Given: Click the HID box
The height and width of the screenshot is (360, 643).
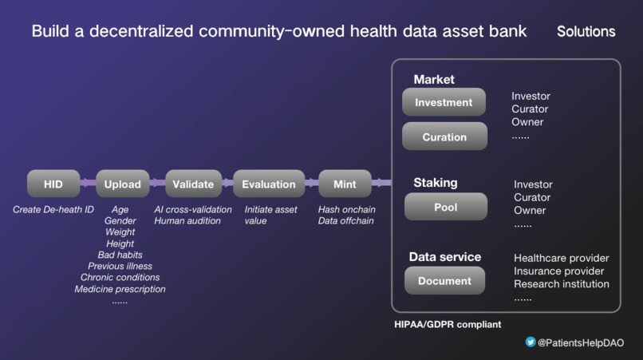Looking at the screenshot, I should pyautogui.click(x=53, y=184).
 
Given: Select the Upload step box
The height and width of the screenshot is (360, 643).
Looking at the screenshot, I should pyautogui.click(x=122, y=184).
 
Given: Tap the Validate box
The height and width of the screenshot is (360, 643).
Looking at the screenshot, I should pyautogui.click(x=193, y=184).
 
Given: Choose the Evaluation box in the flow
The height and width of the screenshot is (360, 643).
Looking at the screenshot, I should pyautogui.click(x=268, y=184).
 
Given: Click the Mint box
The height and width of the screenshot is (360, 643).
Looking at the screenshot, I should pyautogui.click(x=345, y=184).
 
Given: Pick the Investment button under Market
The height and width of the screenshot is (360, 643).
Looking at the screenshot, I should pyautogui.click(x=444, y=102).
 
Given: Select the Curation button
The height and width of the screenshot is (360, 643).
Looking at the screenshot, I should pyautogui.click(x=444, y=136).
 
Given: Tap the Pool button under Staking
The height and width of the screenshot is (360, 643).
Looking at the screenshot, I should pyautogui.click(x=445, y=207).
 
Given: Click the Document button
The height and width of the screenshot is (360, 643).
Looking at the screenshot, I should pyautogui.click(x=444, y=280).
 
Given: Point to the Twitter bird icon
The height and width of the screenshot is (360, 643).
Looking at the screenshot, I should pyautogui.click(x=530, y=342).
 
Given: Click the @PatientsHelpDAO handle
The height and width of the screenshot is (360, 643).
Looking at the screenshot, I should pyautogui.click(x=581, y=342).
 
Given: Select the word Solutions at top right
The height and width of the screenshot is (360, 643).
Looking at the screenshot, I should pyautogui.click(x=586, y=32).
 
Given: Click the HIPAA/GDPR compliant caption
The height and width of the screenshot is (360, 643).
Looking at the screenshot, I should pyautogui.click(x=448, y=325).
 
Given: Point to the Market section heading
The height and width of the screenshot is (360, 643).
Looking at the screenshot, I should pyautogui.click(x=434, y=80).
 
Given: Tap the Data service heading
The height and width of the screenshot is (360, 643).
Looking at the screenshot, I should pyautogui.click(x=445, y=257).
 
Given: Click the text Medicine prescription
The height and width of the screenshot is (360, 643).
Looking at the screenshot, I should pyautogui.click(x=120, y=289).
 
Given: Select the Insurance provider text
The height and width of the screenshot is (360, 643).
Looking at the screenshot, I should pyautogui.click(x=558, y=271).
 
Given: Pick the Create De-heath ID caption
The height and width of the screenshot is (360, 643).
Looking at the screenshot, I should pyautogui.click(x=53, y=210).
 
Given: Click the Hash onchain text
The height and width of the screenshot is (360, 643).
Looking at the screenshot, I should pyautogui.click(x=346, y=210).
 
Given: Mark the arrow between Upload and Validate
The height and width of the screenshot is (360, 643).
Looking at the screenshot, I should pyautogui.click(x=158, y=184).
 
